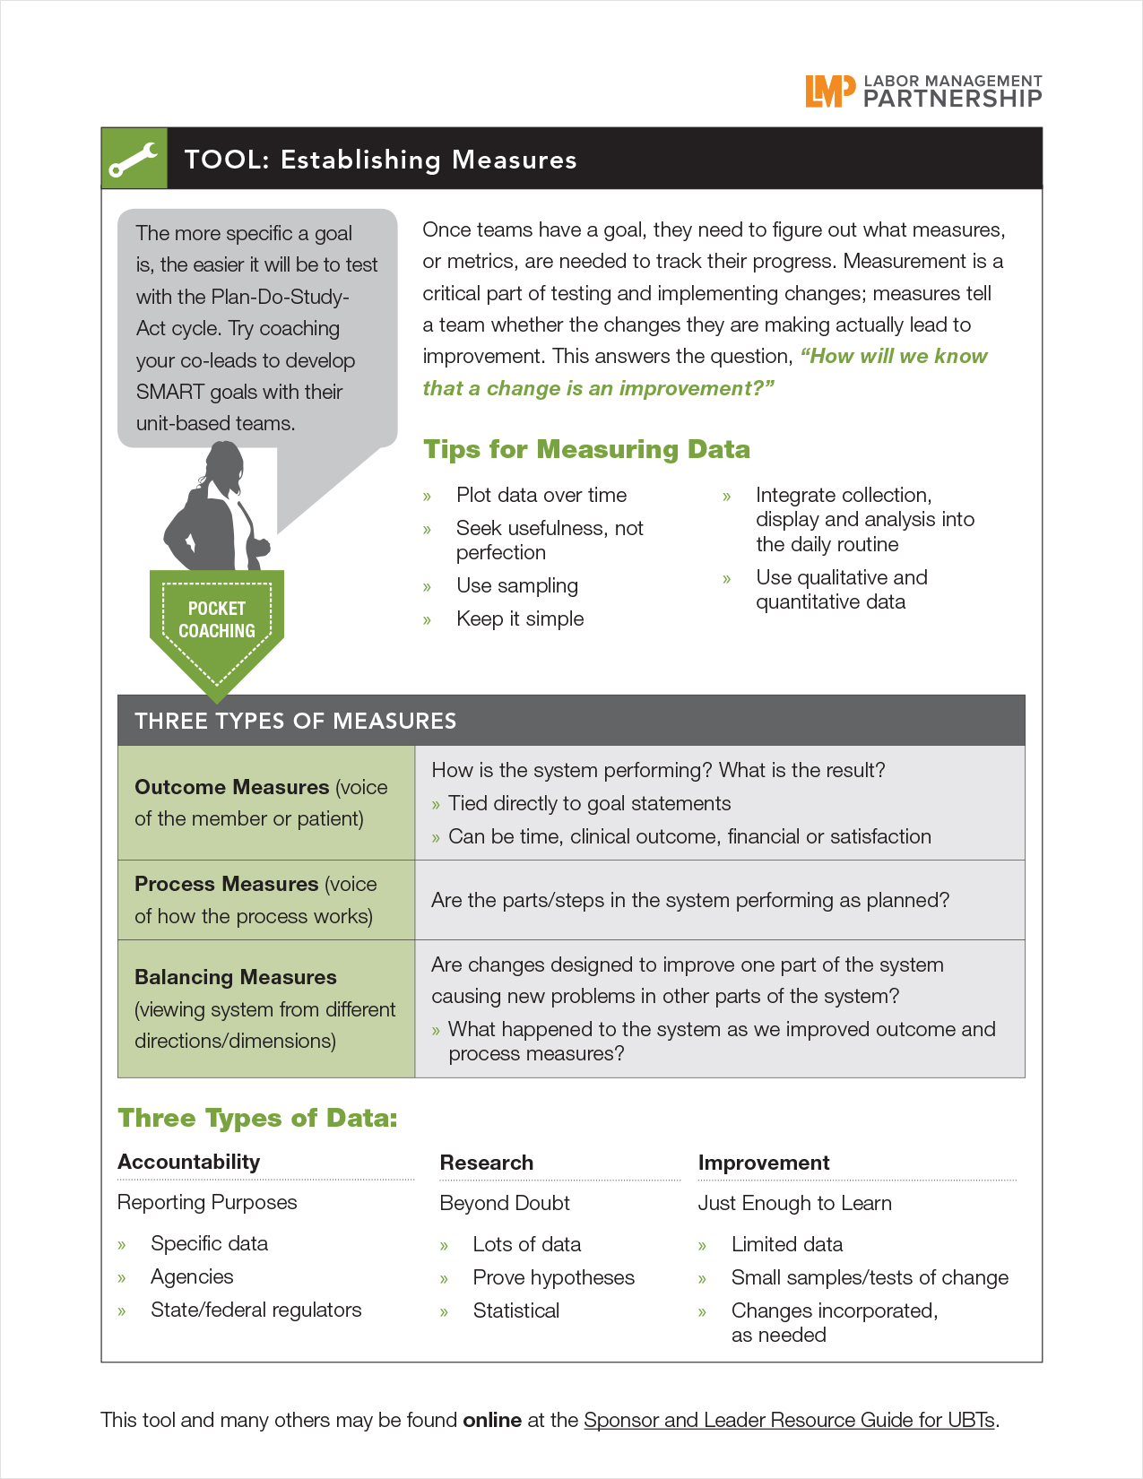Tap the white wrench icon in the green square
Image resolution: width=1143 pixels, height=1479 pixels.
[x=134, y=160]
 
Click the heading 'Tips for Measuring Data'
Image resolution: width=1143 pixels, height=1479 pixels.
[x=586, y=449]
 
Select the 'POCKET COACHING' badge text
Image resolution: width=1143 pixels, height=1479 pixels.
[x=217, y=619]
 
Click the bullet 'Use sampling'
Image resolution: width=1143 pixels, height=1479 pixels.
[x=516, y=585]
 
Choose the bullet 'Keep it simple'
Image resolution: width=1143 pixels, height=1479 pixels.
[x=519, y=618]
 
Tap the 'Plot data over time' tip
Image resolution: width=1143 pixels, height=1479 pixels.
[x=541, y=495]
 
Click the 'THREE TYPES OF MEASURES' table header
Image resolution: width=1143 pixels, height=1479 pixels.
[x=295, y=721]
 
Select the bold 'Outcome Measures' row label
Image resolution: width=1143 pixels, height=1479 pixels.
[x=232, y=787]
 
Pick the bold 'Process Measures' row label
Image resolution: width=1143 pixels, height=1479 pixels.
[x=227, y=884]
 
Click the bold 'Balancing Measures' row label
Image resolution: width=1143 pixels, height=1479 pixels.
[x=236, y=977]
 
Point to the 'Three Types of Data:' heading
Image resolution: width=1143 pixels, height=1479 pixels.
[x=257, y=1118]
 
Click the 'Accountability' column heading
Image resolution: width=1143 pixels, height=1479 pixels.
[x=188, y=1162]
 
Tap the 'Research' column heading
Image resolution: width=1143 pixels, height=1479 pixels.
[x=486, y=1163]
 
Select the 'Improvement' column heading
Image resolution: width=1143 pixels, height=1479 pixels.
[x=764, y=1163]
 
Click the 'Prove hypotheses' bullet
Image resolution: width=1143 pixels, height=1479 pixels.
[x=553, y=1277]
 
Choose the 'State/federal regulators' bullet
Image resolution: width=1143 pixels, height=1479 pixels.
[x=255, y=1310]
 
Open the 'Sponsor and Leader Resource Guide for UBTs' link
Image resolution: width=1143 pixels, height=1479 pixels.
[x=789, y=1420]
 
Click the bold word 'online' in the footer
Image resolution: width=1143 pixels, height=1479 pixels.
[x=492, y=1420]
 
